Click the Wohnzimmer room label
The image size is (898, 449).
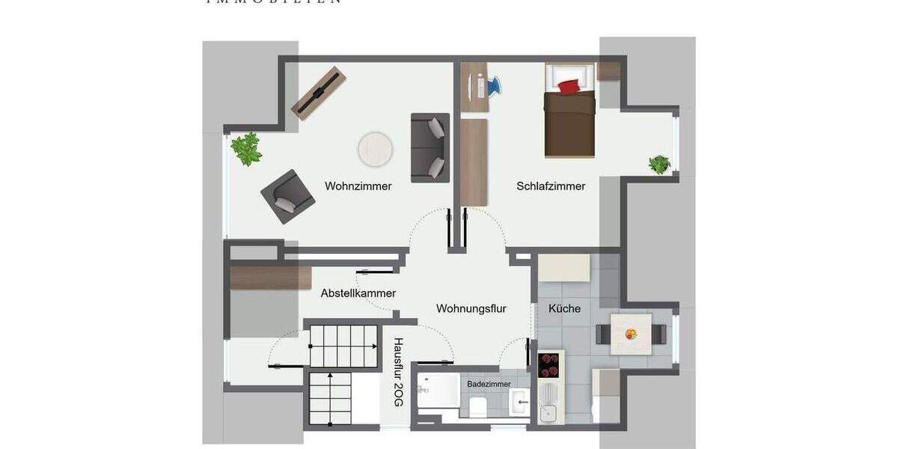coord(358,186)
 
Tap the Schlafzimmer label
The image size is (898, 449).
coord(551,186)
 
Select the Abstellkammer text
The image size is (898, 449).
coord(358,293)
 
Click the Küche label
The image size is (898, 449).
coord(564,308)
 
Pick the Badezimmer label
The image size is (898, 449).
coord(489,384)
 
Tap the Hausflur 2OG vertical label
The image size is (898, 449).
coord(399,372)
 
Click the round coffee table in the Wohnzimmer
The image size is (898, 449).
coord(375,149)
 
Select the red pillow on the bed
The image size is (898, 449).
coord(569,86)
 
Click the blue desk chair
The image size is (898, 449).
coord(494,87)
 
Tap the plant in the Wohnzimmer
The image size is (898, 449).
coord(246,149)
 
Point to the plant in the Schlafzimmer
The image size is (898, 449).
coord(659,164)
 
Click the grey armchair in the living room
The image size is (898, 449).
coord(283,196)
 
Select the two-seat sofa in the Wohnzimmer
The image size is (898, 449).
coord(430,148)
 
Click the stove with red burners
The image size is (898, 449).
coord(550,364)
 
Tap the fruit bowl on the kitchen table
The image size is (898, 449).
coord(632,334)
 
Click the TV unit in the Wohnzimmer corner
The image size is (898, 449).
coord(319,94)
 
